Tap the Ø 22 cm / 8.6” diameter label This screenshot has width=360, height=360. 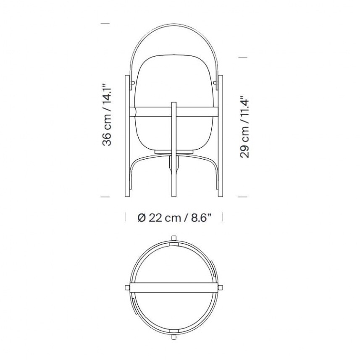click(x=174, y=218)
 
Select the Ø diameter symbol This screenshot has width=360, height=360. click(x=142, y=218)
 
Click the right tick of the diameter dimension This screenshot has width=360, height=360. click(x=222, y=217)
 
